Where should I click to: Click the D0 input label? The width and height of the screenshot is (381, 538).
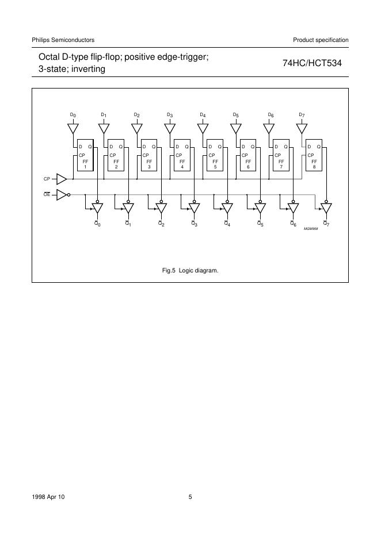tap(73, 115)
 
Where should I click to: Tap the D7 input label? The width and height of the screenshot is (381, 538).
tap(302, 115)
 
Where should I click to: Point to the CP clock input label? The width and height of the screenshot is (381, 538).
tap(47, 180)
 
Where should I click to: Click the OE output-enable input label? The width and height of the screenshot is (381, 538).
tap(47, 194)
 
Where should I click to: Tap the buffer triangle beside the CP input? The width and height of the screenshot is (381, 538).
tap(62, 180)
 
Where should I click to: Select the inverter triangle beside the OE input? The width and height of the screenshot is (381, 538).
tap(62, 194)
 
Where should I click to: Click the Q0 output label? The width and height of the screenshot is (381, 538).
tap(97, 223)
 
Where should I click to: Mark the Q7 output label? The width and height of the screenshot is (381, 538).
tap(326, 223)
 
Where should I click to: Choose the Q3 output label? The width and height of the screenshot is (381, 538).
tap(195, 223)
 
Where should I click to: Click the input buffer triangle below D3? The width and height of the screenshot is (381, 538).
tap(171, 128)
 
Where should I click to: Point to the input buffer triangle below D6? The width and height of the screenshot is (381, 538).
tap(269, 128)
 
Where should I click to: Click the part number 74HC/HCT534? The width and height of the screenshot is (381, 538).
tap(313, 64)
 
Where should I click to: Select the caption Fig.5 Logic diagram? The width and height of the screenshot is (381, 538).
tap(190, 270)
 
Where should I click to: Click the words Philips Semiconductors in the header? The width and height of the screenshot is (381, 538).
tap(63, 40)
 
